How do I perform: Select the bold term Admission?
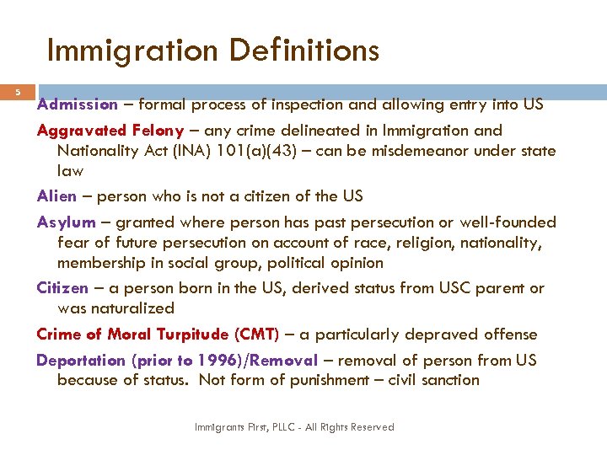[78, 105]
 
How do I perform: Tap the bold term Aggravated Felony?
[110, 131]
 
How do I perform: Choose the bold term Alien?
[56, 196]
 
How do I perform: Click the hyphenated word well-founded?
[509, 222]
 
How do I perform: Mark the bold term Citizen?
[62, 288]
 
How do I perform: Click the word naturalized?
[133, 309]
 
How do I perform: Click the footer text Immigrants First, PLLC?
[244, 427]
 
